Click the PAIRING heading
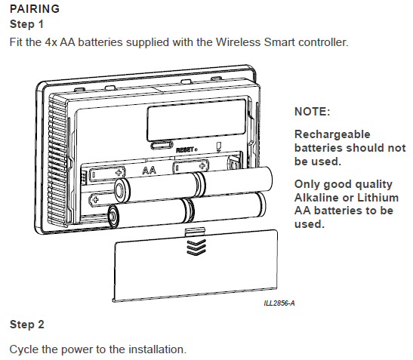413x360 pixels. click(x=35, y=9)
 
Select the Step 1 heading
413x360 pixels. click(x=26, y=24)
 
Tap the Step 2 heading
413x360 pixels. click(x=27, y=325)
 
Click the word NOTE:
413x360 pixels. click(x=312, y=112)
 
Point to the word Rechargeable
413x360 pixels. click(x=332, y=134)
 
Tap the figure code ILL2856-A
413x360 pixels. click(x=279, y=303)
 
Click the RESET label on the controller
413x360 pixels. click(x=186, y=150)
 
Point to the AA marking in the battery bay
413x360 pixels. click(x=149, y=171)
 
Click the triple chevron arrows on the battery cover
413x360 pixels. click(x=196, y=248)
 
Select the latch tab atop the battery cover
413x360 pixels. click(x=195, y=232)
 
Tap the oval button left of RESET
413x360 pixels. click(x=162, y=146)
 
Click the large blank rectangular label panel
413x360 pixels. click(x=196, y=120)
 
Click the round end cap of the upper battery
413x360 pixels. click(x=122, y=190)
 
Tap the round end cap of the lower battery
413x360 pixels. click(x=114, y=217)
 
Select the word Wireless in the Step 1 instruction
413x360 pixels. click(x=238, y=42)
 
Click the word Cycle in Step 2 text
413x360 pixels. click(x=23, y=349)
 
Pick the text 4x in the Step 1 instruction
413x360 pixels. click(x=51, y=42)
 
